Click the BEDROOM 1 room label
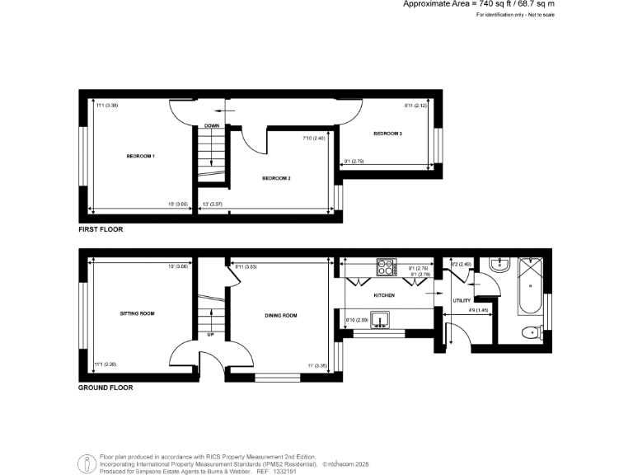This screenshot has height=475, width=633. (x=141, y=156)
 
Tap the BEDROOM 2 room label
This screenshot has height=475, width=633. (x=276, y=178)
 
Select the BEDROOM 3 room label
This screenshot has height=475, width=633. (x=387, y=134)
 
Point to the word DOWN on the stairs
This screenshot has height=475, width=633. (x=211, y=125)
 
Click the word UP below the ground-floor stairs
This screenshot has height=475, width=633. (x=210, y=335)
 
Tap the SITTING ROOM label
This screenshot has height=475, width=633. (x=138, y=313)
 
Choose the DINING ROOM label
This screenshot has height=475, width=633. (x=281, y=316)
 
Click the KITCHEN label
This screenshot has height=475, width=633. (x=384, y=295)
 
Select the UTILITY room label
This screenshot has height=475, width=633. (x=462, y=300)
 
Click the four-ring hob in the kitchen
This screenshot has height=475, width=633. (x=386, y=267)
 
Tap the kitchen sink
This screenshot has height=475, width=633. (x=380, y=319)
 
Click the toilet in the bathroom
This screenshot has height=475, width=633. (x=532, y=332)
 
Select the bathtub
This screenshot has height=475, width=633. (x=528, y=286)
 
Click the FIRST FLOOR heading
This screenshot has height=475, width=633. (x=101, y=229)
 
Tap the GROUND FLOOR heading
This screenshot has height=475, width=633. (x=105, y=387)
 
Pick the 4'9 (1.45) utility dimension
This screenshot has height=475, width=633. (x=478, y=310)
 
